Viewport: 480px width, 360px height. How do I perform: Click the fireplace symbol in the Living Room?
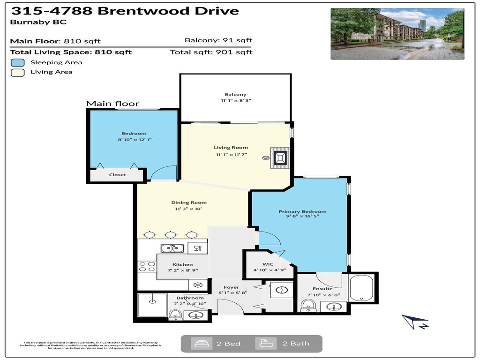(x=281, y=158)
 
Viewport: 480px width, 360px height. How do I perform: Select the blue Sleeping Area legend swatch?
(x=18, y=62)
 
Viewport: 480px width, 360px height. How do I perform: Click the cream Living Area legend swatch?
(x=18, y=72)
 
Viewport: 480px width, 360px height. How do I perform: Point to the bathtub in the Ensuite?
(x=362, y=288)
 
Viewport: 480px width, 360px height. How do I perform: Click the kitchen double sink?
(x=172, y=248)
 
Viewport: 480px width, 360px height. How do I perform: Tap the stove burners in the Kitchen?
(x=146, y=267)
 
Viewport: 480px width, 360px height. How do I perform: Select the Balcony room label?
(x=235, y=95)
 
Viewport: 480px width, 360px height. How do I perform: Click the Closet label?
(x=117, y=175)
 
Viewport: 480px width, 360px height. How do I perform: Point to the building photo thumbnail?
(x=397, y=34)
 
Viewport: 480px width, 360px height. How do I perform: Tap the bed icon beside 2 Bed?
(x=198, y=344)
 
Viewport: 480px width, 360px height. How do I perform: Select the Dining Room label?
(x=189, y=202)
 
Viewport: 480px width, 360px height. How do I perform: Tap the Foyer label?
(x=231, y=287)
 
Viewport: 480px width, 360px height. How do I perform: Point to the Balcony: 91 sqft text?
(x=218, y=40)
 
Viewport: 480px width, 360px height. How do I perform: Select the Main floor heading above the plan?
(x=112, y=104)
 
